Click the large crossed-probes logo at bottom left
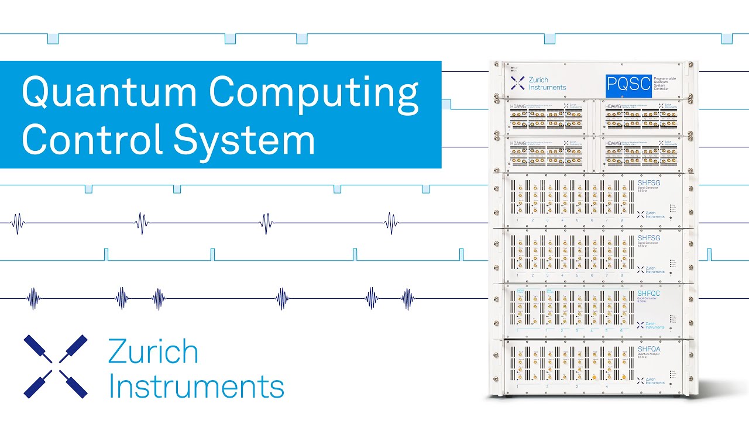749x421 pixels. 56,367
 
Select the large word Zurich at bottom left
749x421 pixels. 153,353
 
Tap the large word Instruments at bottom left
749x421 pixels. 197,387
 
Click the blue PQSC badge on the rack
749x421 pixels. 628,85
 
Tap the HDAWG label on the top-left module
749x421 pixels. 518,106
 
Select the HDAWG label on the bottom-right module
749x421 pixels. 614,143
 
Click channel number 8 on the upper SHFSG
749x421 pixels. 621,220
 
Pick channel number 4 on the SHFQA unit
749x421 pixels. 606,387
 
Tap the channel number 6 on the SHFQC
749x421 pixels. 621,331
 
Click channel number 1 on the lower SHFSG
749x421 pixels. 518,275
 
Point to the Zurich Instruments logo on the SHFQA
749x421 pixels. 650,381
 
